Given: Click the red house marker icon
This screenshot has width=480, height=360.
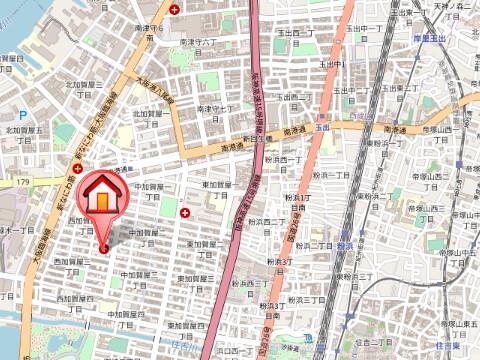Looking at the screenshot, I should click(x=102, y=197).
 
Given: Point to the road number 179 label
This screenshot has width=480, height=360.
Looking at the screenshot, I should click(x=23, y=182).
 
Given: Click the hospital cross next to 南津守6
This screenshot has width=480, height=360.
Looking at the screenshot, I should click(x=176, y=9).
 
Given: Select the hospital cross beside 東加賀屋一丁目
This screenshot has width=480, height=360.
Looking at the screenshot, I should click(x=184, y=212).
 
